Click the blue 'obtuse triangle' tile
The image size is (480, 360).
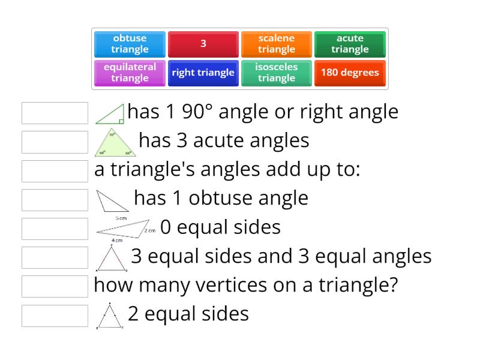pos(130,44)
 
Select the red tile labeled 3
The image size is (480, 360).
pos(203,44)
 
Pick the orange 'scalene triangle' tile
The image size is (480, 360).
pos(277,44)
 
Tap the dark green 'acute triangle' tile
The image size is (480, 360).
pos(350,44)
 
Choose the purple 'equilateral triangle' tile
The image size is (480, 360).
pos(130,73)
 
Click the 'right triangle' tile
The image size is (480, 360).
pos(203,73)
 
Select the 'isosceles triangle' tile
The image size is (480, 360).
pos(277,73)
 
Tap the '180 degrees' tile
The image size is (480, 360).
pos(350,73)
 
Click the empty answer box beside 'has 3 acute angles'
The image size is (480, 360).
pos(55,142)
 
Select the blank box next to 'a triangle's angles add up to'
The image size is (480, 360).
pos(55,171)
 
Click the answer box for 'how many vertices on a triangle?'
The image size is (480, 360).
pos(55,286)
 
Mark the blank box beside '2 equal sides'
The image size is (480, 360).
pos(55,315)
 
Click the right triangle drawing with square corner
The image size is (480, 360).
pos(111,114)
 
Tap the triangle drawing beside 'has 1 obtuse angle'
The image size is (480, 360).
pos(112,200)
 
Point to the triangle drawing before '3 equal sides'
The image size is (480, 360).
pos(111,258)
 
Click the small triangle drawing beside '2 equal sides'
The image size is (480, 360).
pos(109,317)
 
